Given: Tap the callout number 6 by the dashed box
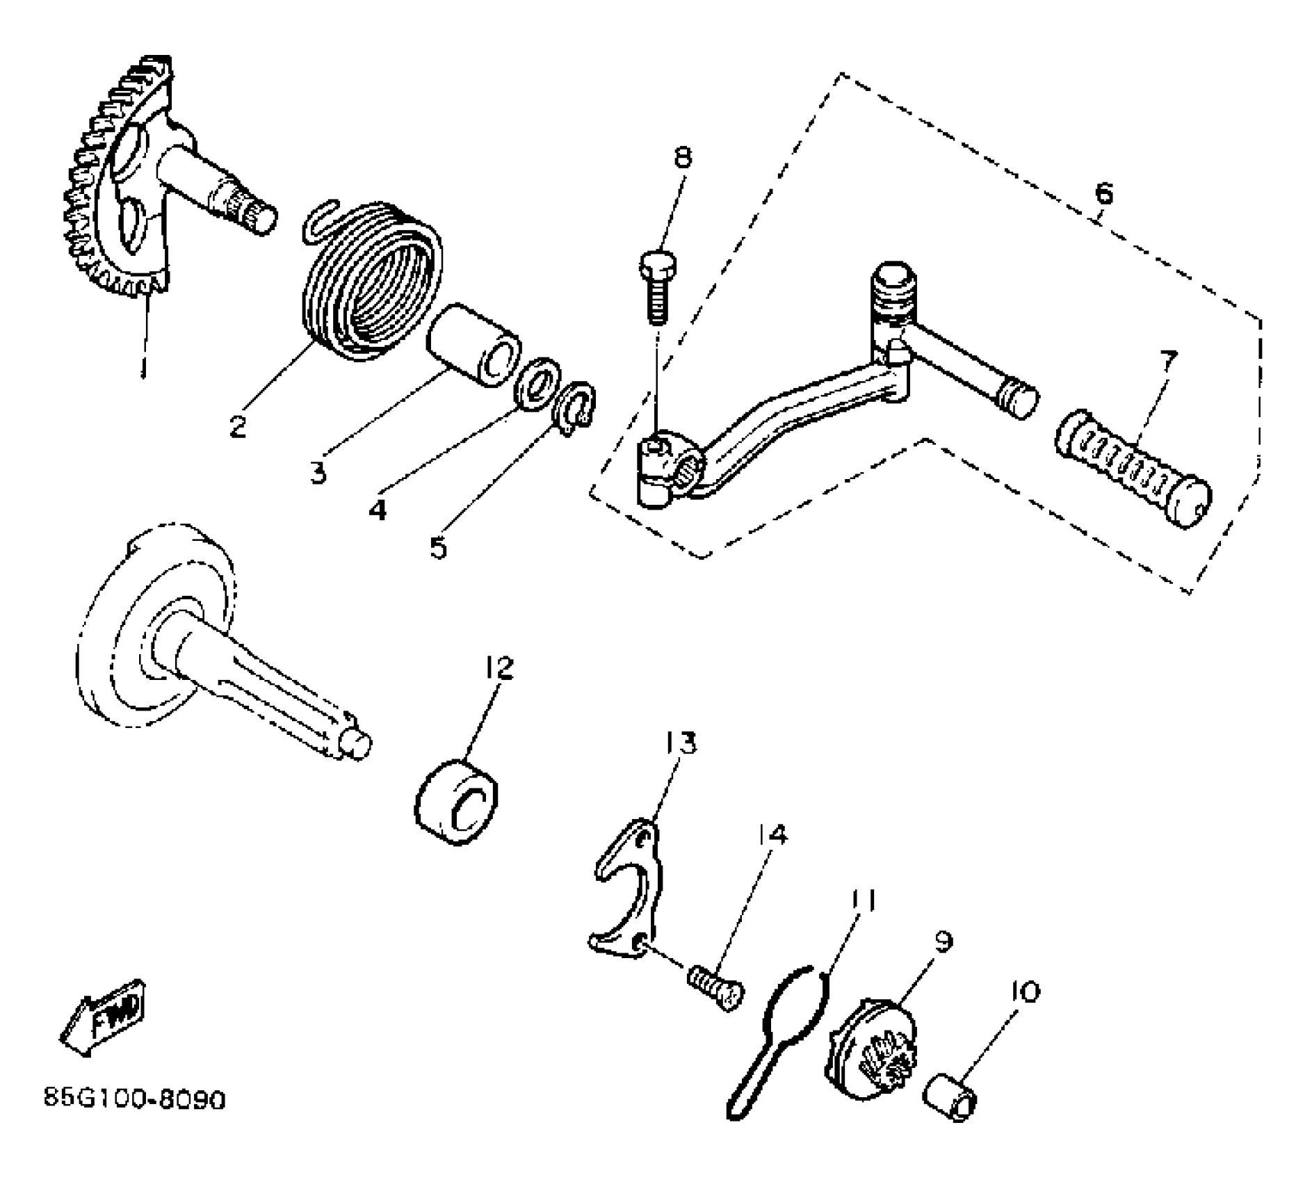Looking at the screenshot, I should tap(1103, 193).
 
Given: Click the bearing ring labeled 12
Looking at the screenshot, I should tap(457, 802).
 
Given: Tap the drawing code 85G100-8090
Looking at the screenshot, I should tap(135, 1119).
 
